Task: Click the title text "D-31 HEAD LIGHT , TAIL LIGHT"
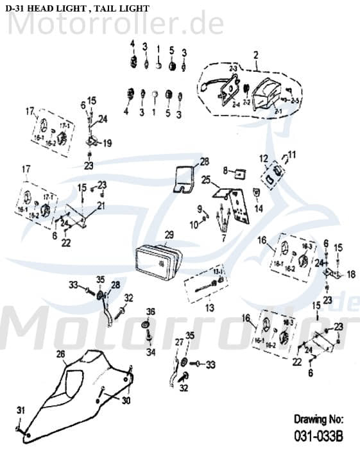click(77, 8)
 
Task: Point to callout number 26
click(60, 354)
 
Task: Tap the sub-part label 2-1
click(260, 111)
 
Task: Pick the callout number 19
click(107, 142)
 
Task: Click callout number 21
click(101, 205)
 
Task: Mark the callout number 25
click(205, 180)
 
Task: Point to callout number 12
click(263, 158)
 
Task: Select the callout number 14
click(259, 209)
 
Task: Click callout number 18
click(350, 274)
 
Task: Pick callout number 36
click(151, 312)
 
